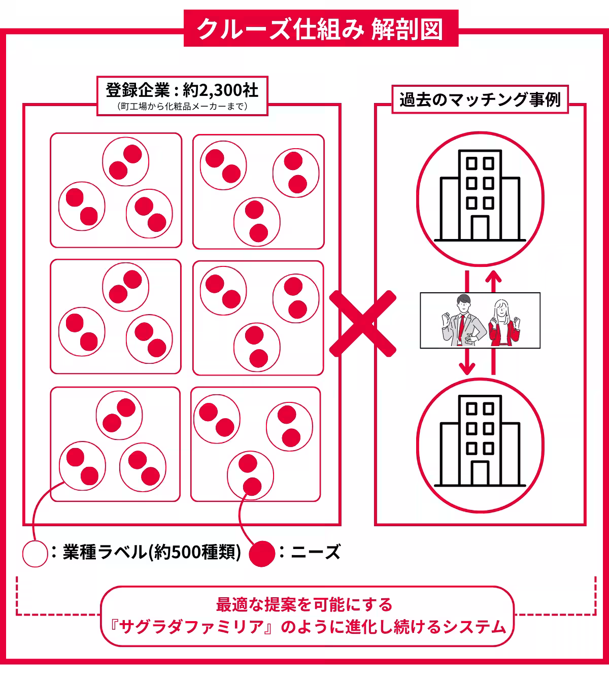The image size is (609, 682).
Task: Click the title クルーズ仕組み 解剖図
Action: click(320, 29)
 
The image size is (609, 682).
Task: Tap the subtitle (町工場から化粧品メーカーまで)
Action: click(182, 107)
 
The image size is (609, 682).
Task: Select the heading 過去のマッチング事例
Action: click(480, 99)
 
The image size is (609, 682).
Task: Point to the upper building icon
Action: click(480, 195)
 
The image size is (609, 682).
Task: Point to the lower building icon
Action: click(480, 440)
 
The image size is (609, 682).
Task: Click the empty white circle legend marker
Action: click(35, 554)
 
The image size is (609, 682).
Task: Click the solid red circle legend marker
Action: click(262, 554)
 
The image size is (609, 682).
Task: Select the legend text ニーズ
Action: click(316, 552)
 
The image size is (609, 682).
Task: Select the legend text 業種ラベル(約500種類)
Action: click(152, 552)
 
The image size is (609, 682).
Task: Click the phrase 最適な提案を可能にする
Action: click(304, 605)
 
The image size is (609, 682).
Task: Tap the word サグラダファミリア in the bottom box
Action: click(191, 627)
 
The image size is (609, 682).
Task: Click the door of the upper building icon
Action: click(480, 227)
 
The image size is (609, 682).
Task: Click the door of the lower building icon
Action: click(480, 473)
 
